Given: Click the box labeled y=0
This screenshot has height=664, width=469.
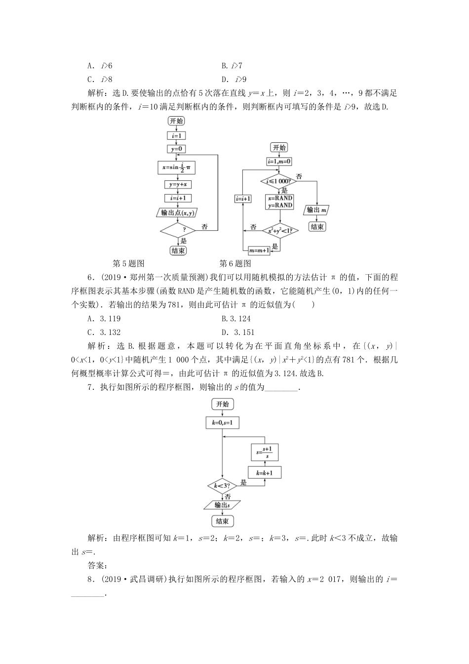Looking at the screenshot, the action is coord(176,148).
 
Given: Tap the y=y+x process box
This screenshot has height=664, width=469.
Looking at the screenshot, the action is coord(177,185).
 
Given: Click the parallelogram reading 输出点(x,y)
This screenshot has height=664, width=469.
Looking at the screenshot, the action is coord(177,213).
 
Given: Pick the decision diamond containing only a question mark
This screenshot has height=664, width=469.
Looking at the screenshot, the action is coord(178,230).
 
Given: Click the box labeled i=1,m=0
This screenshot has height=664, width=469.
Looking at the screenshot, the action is coord(279,162).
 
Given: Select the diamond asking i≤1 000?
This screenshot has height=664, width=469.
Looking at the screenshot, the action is coord(279,181).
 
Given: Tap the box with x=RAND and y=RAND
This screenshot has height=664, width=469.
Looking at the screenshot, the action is coord(279,202).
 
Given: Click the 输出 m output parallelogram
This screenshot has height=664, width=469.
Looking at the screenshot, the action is coord(317,210).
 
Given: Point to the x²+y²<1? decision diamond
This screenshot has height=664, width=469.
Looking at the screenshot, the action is coord(279,231).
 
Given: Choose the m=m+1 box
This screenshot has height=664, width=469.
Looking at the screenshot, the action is coord(259,250).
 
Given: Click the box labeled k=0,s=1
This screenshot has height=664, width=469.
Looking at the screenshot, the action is coord(222,423).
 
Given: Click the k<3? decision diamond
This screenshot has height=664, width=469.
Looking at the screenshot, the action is coord(222,486).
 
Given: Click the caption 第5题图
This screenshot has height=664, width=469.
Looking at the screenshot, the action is coord(129,263).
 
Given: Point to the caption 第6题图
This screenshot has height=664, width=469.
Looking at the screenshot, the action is coord(235,263).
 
